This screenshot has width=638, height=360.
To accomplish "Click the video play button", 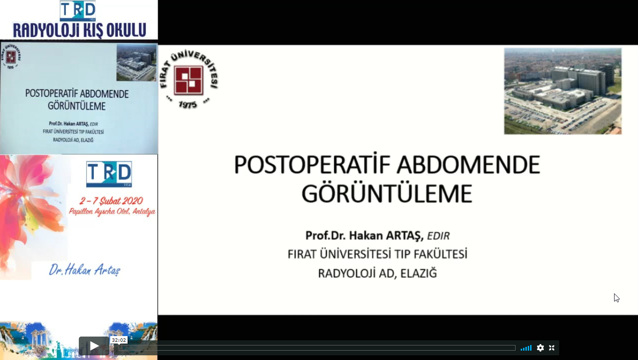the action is click(94, 346).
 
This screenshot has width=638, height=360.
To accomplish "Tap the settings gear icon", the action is click(540, 348).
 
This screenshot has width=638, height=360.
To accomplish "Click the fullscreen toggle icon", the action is click(552, 348).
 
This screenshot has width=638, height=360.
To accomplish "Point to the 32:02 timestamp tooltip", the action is click(119, 340).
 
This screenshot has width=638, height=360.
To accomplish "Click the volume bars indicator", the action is click(526, 348).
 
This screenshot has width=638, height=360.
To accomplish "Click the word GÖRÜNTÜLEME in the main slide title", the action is click(387, 194).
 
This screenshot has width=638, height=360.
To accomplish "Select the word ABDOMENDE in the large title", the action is click(469, 165).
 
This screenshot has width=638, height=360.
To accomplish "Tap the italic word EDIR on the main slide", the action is click(438, 236).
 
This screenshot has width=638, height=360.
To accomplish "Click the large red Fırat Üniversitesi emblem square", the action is click(189, 80).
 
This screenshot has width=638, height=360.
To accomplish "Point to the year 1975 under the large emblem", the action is click(188, 105).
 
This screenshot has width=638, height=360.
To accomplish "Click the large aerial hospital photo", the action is click(562, 91).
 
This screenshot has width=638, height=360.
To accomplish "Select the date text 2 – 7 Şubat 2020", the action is click(111, 201).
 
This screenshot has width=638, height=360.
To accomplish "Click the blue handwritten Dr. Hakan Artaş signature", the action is click(84, 270).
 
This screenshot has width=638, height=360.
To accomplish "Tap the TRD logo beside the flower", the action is click(109, 174).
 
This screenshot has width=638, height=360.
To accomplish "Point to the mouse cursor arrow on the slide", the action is click(616, 298).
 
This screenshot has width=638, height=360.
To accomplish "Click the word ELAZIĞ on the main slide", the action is click(418, 273).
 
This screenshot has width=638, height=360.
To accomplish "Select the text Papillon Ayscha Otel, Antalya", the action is click(112, 212).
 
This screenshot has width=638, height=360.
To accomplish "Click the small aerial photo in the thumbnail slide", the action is click(137, 63).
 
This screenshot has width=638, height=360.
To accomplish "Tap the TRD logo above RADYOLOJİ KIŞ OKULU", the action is click(78, 10).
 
